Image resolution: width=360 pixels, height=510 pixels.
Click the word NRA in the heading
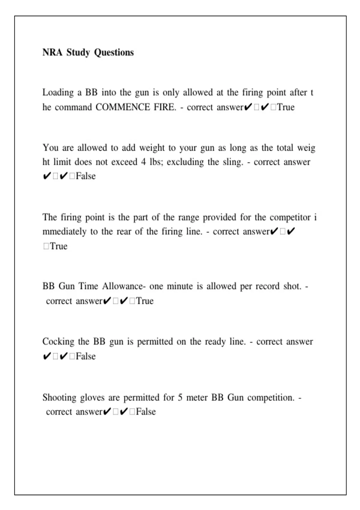click(52, 52)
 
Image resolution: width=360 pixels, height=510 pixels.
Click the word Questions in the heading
click(114, 52)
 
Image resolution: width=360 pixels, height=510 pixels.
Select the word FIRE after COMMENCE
click(165, 107)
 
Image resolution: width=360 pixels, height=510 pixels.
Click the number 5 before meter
click(180, 397)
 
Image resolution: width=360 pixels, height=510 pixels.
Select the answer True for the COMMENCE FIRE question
click(286, 107)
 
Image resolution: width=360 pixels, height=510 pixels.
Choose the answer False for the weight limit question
click(86, 176)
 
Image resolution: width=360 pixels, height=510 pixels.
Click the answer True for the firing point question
click(59, 246)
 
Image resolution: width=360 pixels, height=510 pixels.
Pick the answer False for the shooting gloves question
click(146, 412)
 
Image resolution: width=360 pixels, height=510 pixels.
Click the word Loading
click(58, 92)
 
